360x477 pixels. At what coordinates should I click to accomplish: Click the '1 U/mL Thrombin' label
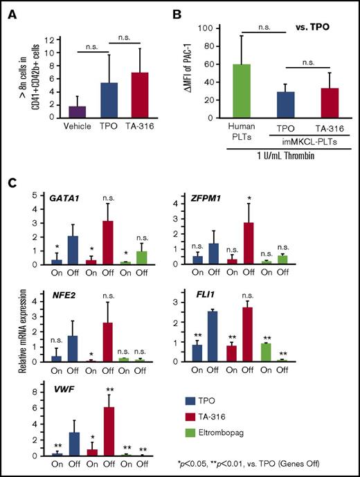click(x=274, y=157)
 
